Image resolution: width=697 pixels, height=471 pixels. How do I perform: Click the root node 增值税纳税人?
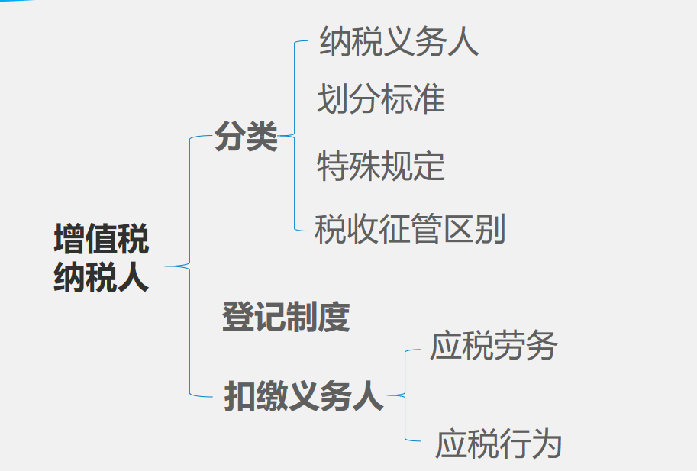click(x=102, y=258)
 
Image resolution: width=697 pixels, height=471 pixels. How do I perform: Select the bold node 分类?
click(x=246, y=137)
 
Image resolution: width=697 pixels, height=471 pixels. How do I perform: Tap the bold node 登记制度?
click(x=286, y=317)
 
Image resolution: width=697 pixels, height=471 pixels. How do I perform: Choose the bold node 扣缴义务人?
click(x=304, y=396)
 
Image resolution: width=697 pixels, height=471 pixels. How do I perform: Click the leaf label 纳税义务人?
click(x=399, y=41)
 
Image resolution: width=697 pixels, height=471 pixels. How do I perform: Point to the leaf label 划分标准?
click(x=381, y=99)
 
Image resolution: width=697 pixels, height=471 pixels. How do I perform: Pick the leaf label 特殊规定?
click(x=381, y=166)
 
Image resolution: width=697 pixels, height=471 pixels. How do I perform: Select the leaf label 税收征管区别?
click(x=410, y=228)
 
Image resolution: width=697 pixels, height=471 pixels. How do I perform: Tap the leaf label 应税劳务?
click(x=494, y=346)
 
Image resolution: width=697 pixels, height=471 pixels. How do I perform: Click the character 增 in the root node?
click(x=69, y=239)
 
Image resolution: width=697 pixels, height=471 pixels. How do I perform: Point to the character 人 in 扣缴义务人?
click(x=368, y=396)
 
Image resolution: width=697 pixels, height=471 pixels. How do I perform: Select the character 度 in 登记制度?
click(x=334, y=317)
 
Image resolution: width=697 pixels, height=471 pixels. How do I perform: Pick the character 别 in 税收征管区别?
click(x=490, y=228)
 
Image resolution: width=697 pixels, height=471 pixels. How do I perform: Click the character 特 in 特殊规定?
click(x=333, y=166)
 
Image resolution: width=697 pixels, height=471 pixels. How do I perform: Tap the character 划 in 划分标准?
click(x=333, y=99)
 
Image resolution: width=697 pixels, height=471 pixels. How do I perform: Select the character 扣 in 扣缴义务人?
click(x=239, y=396)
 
